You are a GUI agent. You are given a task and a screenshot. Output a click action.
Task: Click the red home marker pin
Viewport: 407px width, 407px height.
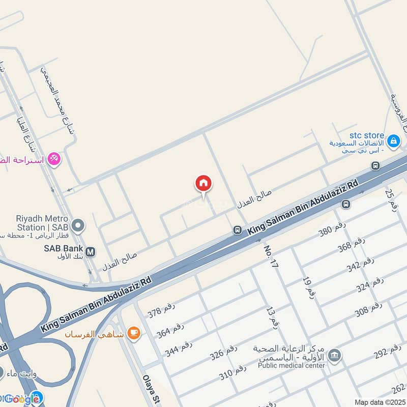(x=203, y=183)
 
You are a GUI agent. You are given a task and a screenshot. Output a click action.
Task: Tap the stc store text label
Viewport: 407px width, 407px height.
(x=367, y=135)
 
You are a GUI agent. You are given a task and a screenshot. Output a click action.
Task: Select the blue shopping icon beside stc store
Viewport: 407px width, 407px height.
(x=393, y=141)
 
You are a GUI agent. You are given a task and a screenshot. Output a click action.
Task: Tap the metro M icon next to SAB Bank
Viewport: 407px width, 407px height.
(x=91, y=251)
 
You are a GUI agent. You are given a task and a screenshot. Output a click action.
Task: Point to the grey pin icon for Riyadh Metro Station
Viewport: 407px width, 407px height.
(x=78, y=224)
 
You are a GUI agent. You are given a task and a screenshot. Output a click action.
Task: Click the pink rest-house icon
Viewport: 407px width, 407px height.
(x=53, y=160)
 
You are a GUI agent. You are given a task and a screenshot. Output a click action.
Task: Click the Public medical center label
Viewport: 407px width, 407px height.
(x=291, y=365)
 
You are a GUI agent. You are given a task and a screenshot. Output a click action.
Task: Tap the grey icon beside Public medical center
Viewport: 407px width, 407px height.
(x=334, y=355)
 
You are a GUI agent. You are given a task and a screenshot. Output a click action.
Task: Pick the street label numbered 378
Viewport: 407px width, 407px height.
(x=161, y=309)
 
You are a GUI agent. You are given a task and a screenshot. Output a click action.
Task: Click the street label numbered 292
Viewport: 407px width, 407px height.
(x=388, y=352)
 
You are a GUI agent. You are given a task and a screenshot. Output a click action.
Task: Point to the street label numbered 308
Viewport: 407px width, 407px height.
(x=368, y=309)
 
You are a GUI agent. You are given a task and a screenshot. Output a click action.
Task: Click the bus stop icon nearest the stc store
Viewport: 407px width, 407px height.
(x=375, y=165)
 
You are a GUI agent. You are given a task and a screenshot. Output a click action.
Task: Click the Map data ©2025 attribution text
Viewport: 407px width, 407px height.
(x=380, y=402)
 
